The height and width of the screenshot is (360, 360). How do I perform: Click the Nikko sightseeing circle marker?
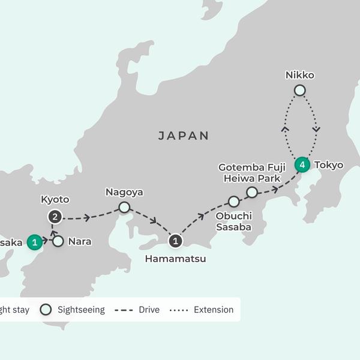coord(299,91)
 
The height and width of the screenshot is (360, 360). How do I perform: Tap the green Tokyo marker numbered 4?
coord(302,164)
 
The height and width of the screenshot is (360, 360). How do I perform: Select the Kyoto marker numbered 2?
coord(55,217)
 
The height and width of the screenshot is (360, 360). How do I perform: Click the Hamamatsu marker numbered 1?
coord(175,241)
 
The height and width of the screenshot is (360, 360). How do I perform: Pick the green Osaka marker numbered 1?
coord(35,242)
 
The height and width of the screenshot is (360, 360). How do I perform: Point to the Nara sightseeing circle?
coord(58,242)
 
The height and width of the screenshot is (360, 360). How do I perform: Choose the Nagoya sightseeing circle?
coord(124,208)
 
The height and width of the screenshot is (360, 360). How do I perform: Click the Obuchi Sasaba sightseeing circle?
coord(233,202)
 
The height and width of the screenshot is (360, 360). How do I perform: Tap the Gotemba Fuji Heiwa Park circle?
coord(252,192)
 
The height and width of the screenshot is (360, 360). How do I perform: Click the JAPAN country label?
coord(184,136)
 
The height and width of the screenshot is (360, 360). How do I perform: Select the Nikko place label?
coord(300,76)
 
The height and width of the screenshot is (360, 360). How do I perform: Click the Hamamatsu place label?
coord(175,259)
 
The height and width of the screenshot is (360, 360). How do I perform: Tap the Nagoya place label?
coord(124,193)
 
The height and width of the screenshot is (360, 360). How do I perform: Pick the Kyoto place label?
coord(55,200)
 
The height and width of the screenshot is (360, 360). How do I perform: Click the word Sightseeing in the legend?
coord(80,310)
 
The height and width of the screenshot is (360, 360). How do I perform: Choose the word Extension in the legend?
coord(214,310)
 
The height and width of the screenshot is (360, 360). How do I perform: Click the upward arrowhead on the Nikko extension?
coord(286,128)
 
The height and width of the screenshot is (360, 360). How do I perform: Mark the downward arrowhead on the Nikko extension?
coord(316,128)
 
